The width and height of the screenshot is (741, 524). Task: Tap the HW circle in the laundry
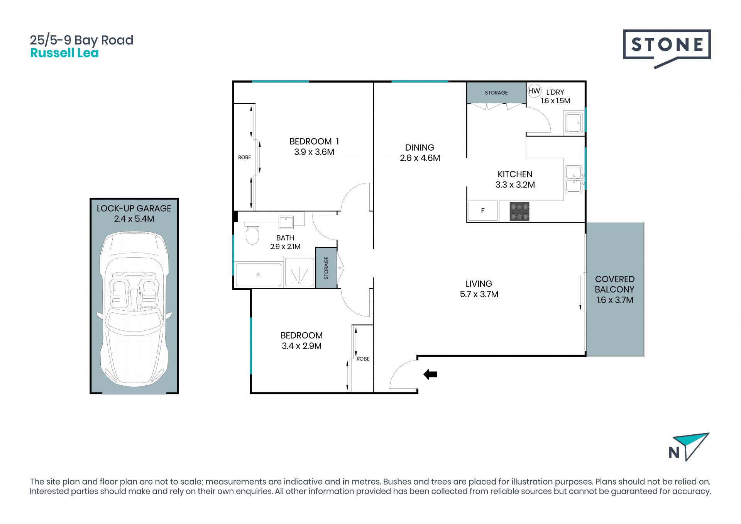(x=534, y=91)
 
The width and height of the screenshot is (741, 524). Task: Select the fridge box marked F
(x=483, y=211)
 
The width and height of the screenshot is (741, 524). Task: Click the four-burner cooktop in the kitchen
(x=519, y=211)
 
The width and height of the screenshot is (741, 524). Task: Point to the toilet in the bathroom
(x=252, y=233)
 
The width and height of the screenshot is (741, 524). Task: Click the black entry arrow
(x=430, y=374)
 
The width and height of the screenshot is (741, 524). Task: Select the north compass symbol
(x=689, y=447)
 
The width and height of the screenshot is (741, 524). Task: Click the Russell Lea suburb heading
(x=64, y=53)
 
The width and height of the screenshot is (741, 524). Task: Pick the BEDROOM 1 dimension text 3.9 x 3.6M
(x=314, y=152)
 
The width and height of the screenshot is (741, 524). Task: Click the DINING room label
(x=420, y=147)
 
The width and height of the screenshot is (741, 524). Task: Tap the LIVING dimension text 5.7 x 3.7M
(x=479, y=294)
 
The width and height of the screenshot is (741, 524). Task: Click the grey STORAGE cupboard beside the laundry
(x=496, y=93)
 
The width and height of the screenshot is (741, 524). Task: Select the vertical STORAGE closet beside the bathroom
(x=326, y=268)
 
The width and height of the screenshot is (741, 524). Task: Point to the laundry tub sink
(x=574, y=123)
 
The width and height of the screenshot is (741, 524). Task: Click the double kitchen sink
(x=574, y=179)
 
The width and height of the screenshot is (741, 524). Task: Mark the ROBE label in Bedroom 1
(x=244, y=157)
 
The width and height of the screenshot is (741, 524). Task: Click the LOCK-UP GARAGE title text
(x=134, y=208)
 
